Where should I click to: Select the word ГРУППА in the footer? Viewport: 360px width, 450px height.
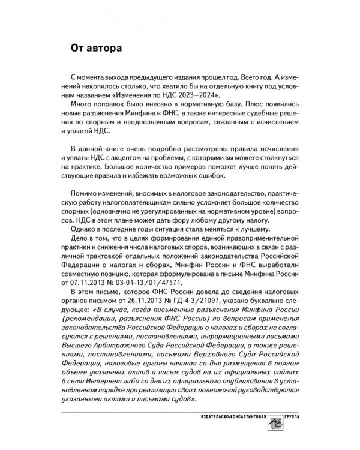pyautogui.click(x=296, y=417)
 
